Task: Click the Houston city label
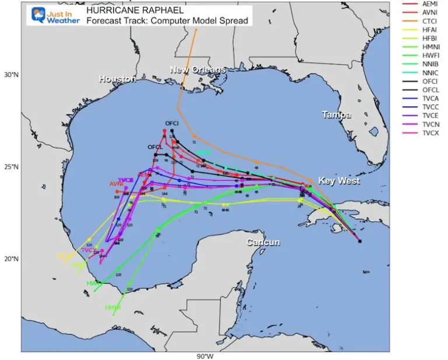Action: click(113, 79)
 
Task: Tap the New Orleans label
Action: click(197, 70)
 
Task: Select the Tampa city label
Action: click(337, 116)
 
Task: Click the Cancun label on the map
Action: click(262, 242)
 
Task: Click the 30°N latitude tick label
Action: click(10, 75)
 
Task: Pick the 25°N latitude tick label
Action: click(10, 167)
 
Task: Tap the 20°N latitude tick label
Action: click(10, 259)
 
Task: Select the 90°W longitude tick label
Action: click(204, 356)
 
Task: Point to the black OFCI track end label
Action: click(171, 124)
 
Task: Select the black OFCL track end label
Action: click(155, 147)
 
